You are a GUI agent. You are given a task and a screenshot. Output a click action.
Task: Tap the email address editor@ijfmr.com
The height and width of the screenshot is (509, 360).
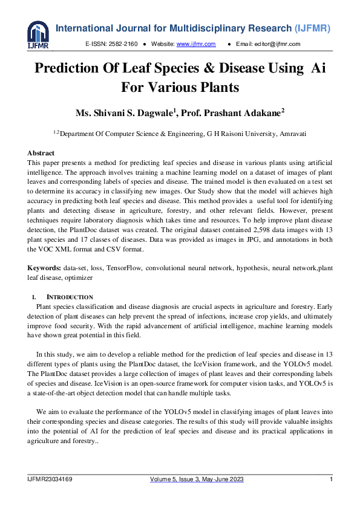pyautogui.click(x=277, y=44)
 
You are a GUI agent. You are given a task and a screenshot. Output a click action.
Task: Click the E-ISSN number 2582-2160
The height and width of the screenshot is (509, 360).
pyautogui.click(x=123, y=44)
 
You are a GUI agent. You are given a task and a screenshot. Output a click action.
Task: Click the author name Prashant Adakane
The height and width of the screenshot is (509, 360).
pyautogui.click(x=254, y=113)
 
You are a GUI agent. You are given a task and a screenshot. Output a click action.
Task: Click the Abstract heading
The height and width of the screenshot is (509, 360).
pyautogui.click(x=41, y=154)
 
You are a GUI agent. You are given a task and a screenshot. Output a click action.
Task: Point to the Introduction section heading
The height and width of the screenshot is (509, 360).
pyautogui.click(x=70, y=297)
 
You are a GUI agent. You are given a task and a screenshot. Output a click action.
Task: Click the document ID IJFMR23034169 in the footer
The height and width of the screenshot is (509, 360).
pyautogui.click(x=50, y=479)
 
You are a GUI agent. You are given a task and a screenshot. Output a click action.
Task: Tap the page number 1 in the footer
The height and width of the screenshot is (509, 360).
pyautogui.click(x=332, y=479)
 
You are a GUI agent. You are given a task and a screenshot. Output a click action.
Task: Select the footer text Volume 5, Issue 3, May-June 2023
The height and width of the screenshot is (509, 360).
pyautogui.click(x=197, y=479)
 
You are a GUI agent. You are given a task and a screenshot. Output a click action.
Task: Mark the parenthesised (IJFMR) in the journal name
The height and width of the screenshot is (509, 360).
pyautogui.click(x=315, y=28)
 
